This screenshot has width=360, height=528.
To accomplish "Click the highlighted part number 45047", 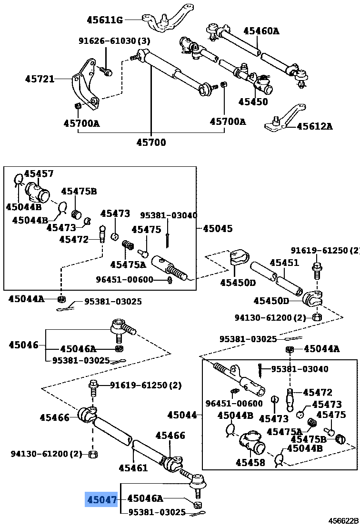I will (101, 499).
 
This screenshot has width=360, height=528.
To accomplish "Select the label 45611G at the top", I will (105, 20).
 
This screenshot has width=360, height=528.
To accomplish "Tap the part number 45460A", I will (261, 31).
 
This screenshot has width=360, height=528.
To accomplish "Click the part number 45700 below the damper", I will (151, 142).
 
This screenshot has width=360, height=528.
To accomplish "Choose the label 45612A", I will (315, 126).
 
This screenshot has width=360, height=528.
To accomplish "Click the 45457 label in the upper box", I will (39, 174).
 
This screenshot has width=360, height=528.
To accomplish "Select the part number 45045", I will (218, 228).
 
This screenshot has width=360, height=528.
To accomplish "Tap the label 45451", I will (284, 263).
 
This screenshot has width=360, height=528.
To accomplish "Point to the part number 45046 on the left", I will (23, 345).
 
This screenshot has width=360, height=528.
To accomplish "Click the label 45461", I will (133, 467).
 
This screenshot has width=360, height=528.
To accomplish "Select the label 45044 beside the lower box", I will (182, 415).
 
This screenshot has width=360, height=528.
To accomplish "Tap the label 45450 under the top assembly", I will (253, 102).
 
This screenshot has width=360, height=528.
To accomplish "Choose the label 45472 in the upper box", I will (74, 239).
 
